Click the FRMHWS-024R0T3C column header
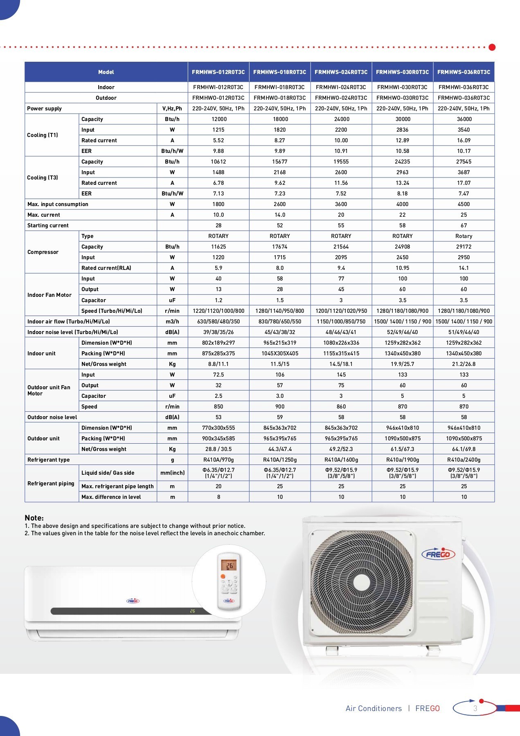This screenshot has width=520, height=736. coord(341,72)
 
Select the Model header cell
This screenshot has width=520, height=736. coord(106,72)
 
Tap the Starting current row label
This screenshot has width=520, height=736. coord(48,225)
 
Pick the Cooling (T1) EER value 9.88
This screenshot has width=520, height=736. coord(218,151)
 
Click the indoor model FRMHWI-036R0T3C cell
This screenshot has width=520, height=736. coord(464,87)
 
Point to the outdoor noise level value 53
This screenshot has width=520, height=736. coord(218,417)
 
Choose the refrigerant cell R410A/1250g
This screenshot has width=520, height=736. coord(280,460)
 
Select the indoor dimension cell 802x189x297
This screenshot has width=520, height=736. coord(218,343)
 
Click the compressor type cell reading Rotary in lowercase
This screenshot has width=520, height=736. coord(464,236)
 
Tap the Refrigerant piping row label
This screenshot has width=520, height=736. coord(51,483)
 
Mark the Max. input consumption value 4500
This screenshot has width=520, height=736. coord(464,204)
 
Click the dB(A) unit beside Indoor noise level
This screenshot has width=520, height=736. coord(172,332)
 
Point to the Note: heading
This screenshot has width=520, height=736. coord(34,518)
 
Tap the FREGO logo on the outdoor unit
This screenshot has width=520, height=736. coord(438,554)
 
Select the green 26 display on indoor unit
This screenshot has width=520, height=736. coord(192,611)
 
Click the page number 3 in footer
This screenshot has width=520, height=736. coord(475,708)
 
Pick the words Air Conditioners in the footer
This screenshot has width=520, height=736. coord(374,709)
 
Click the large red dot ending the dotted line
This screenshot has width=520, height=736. coord(492,47)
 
